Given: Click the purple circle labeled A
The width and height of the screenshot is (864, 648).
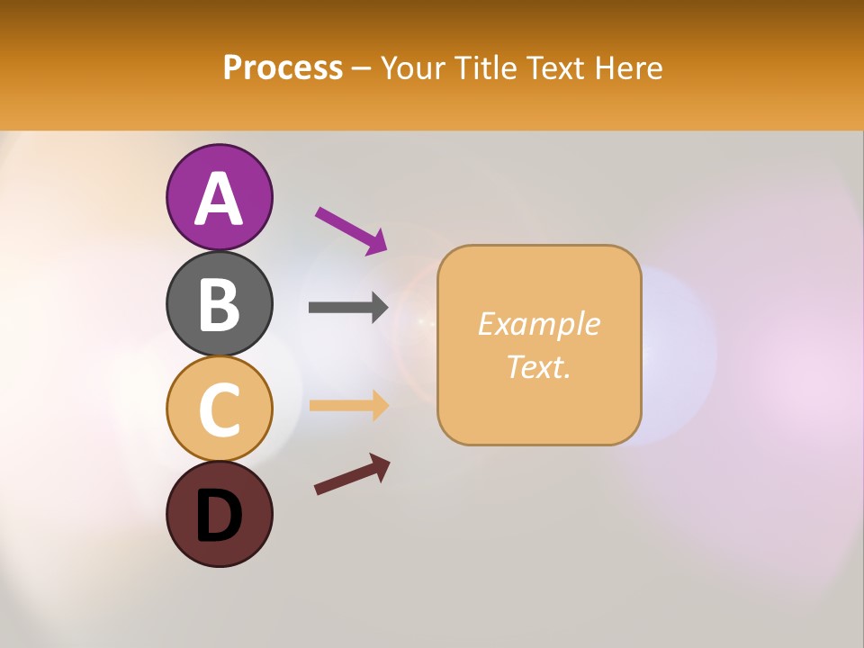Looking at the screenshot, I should pos(219,197).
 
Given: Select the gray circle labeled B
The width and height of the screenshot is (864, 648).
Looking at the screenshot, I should pos(219,303).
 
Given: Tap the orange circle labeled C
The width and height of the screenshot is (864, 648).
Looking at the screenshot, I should pos(219,409).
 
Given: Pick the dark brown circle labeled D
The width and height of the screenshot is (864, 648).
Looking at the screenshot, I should pos(219,514).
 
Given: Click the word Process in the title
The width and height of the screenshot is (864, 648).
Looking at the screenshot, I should pos(283,67).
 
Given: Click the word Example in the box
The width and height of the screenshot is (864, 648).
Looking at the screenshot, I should pos(538,324).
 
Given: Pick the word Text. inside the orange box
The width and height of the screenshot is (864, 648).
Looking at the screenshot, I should pos(538,366).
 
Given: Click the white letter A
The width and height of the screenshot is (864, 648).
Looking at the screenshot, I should pos(219,199).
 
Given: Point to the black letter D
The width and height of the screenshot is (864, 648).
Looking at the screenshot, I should pos(219,516).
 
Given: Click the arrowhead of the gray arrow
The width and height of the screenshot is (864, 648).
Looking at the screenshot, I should pos(379,307).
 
